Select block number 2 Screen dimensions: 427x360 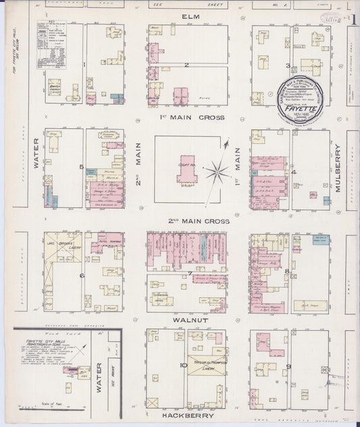[185, 65]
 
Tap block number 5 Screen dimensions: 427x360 [81, 166]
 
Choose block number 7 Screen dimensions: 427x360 [190, 273]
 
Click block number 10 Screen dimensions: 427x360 [183, 366]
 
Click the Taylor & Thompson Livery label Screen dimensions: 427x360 [205, 363]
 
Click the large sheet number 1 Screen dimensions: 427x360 [353, 18]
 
